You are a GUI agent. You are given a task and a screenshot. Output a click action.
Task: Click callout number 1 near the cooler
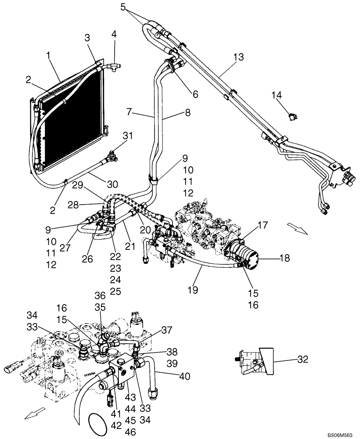[49, 56]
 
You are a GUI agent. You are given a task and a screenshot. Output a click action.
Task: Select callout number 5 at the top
[123, 7]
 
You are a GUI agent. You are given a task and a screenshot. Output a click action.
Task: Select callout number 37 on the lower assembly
[167, 330]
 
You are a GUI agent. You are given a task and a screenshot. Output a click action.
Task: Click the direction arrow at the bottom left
[36, 413]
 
